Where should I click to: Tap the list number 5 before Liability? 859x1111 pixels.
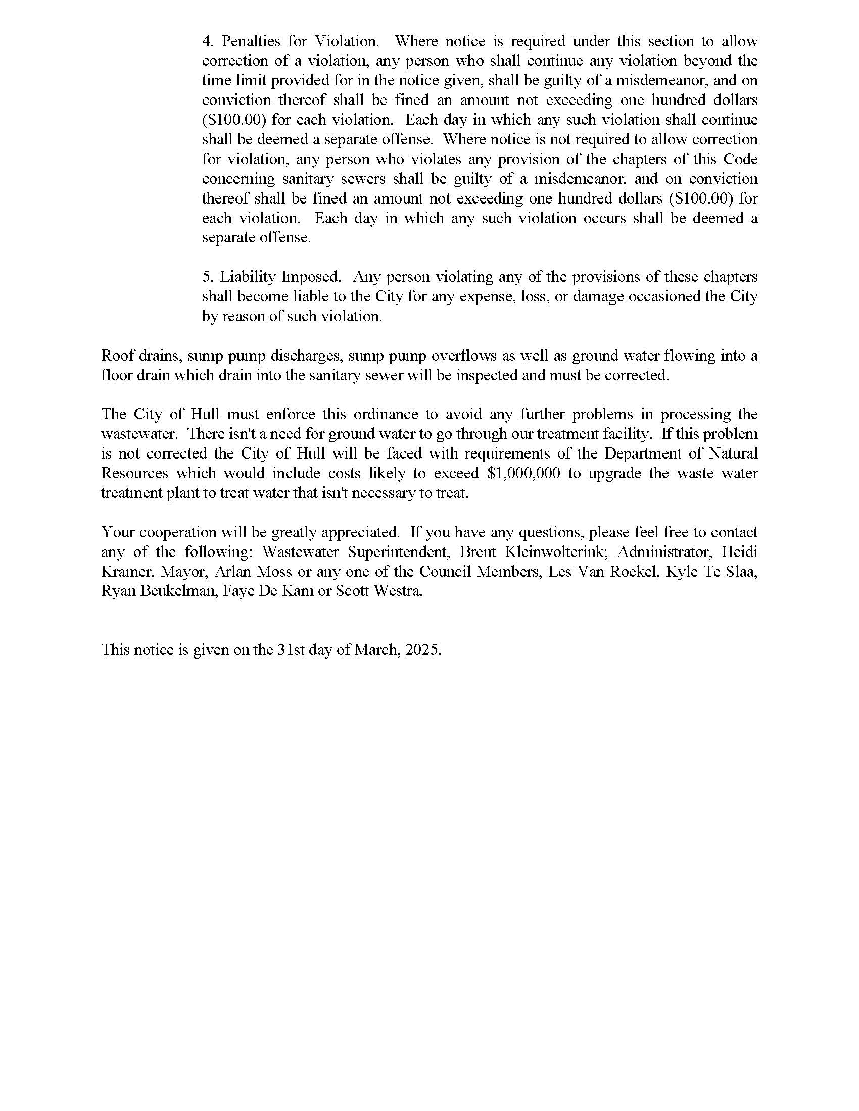point(207,277)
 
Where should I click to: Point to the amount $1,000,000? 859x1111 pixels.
point(523,474)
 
